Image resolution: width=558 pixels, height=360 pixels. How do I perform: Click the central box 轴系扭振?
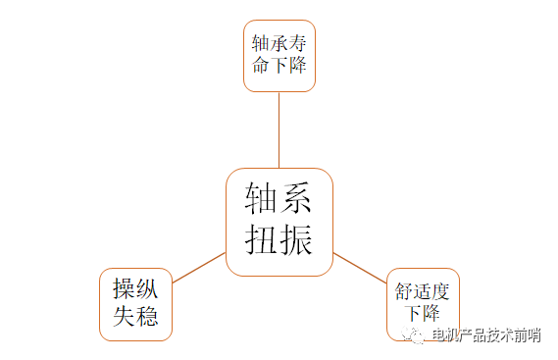point(279,222)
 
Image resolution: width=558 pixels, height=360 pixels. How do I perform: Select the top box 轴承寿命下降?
point(279,57)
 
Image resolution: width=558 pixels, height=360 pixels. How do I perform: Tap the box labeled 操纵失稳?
point(136,303)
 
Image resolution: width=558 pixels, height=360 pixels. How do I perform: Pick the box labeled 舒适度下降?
point(423,303)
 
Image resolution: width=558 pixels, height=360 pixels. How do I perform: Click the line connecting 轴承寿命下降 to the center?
point(279,129)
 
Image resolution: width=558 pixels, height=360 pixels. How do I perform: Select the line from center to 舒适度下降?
point(360,268)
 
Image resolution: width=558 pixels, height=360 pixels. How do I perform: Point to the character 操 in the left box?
point(124,289)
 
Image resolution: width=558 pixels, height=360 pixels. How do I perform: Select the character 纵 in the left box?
point(148,289)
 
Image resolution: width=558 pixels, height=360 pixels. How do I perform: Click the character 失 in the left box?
point(124,317)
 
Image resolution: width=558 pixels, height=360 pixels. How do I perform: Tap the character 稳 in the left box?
point(148,317)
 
